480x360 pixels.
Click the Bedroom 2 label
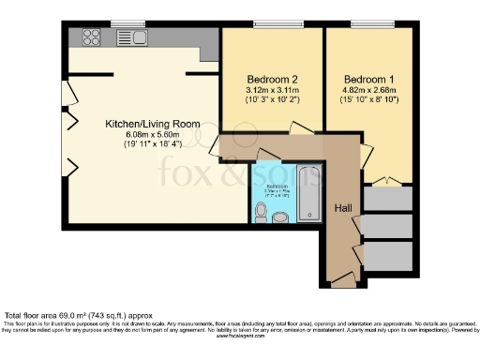click(272, 78)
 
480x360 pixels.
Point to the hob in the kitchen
click(92, 37)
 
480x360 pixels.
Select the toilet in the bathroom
click(262, 213)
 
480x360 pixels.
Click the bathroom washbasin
click(280, 217)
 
